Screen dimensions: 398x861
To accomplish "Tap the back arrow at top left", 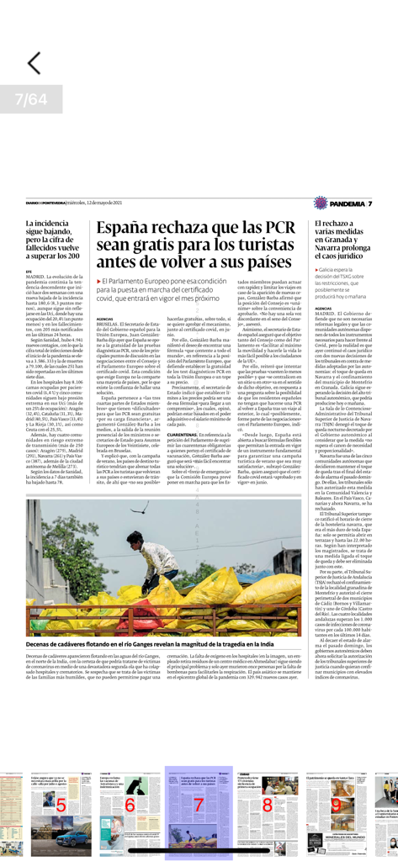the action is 33,63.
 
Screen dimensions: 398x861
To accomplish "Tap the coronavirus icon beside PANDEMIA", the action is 320,203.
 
